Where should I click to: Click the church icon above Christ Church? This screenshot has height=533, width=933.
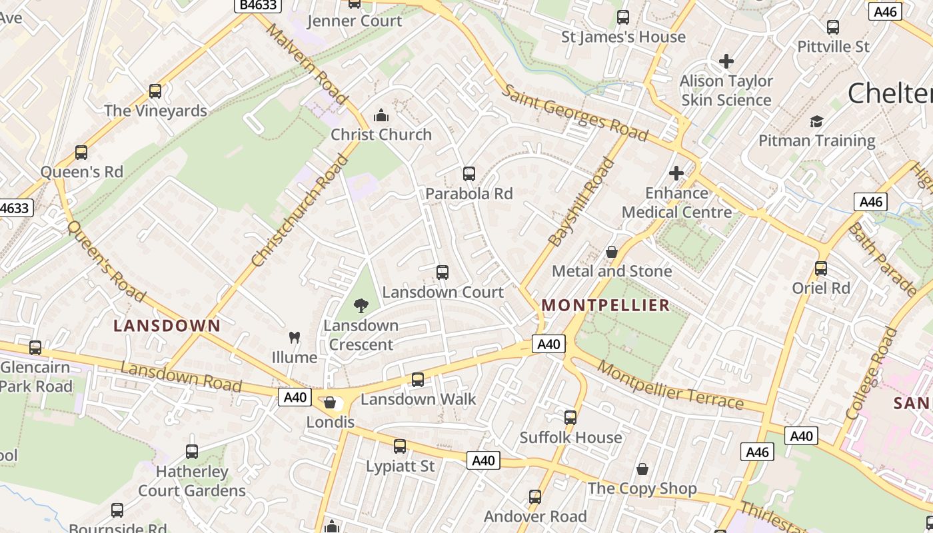tap(381, 116)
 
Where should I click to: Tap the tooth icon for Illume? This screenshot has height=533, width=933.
tap(294, 338)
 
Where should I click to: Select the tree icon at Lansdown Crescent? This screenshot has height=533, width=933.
tap(361, 306)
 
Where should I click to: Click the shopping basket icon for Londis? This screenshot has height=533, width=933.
tap(329, 402)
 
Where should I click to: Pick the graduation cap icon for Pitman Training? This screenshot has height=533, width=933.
tap(816, 121)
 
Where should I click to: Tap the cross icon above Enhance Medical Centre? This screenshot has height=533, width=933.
tap(676, 173)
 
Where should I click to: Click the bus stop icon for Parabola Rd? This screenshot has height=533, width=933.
tap(469, 174)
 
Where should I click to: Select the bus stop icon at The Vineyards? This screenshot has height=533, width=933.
tap(155, 91)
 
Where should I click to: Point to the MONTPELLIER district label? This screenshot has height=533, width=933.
tap(605, 305)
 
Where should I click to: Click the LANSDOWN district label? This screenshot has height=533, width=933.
tap(167, 326)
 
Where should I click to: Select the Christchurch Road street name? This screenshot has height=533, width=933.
tap(301, 211)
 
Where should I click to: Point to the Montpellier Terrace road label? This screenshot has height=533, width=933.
tap(670, 386)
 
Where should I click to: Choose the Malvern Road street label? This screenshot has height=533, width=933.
tap(307, 64)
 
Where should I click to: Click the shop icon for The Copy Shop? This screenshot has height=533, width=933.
tap(642, 470)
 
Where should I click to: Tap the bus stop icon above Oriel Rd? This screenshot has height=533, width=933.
tap(821, 268)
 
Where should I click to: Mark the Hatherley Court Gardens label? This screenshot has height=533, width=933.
tap(192, 481)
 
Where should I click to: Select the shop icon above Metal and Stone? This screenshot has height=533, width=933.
tap(612, 252)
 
